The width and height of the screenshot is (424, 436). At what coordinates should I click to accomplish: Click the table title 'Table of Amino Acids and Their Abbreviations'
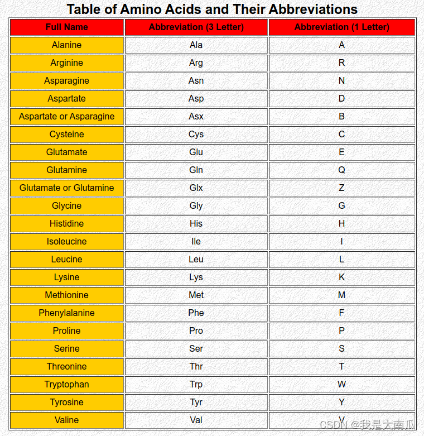212,9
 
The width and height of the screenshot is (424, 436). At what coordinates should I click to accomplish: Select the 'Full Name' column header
67,27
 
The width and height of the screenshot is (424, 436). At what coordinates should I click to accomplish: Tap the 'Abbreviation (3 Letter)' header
196,27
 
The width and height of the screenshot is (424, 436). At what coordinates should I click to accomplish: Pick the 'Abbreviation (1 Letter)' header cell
342,27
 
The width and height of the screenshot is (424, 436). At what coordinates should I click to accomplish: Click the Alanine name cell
67,45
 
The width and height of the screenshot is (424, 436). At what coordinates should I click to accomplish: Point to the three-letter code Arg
196,63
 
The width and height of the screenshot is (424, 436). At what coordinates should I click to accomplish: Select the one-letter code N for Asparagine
342,80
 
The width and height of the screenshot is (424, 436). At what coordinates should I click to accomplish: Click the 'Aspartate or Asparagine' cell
67,116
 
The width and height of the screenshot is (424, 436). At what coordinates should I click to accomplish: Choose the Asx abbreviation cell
196,116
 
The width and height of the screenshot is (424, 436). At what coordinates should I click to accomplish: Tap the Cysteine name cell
67,134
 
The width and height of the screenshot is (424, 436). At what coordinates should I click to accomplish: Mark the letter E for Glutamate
342,152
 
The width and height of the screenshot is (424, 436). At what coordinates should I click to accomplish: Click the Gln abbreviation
196,170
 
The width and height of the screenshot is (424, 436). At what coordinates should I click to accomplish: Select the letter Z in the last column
342,188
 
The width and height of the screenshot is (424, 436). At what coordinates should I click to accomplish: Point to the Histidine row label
67,223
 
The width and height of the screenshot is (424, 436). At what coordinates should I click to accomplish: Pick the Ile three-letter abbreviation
196,241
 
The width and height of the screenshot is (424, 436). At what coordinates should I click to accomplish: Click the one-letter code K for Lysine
342,277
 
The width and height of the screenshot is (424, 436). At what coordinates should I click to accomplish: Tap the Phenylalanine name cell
67,313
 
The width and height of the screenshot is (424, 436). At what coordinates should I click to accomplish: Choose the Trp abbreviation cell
196,384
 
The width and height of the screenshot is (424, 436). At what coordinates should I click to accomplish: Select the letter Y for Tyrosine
342,402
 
